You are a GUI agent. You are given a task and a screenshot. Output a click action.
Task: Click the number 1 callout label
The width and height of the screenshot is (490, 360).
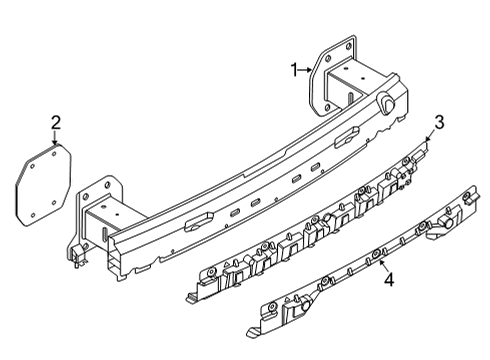pos(294,69)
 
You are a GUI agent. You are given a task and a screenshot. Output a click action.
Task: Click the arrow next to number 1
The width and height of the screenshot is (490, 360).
pos(306,69)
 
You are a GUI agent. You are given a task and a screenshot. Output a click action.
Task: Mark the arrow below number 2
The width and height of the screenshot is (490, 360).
pos(56,139)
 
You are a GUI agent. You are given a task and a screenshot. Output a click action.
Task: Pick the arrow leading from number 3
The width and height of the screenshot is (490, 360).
pos(431,137)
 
